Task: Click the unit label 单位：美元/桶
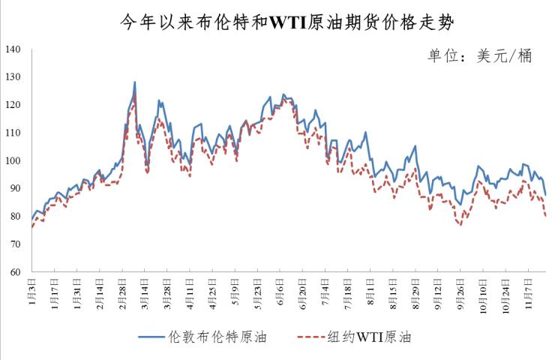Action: pyautogui.click(x=479, y=57)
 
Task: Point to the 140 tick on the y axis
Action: pyautogui.click(x=14, y=49)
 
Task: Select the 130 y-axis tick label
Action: pyautogui.click(x=14, y=77)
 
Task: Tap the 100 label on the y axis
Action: pyautogui.click(x=14, y=160)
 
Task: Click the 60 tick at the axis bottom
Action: pyautogui.click(x=16, y=271)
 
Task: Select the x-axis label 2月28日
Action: pyautogui.click(x=121, y=293)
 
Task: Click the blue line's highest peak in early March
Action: pyautogui.click(x=134, y=82)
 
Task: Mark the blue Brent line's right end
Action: pyautogui.click(x=545, y=195)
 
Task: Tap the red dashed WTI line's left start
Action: pyautogui.click(x=31, y=226)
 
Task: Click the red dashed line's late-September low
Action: pyautogui.click(x=460, y=225)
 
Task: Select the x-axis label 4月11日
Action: pyautogui.click(x=190, y=293)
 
